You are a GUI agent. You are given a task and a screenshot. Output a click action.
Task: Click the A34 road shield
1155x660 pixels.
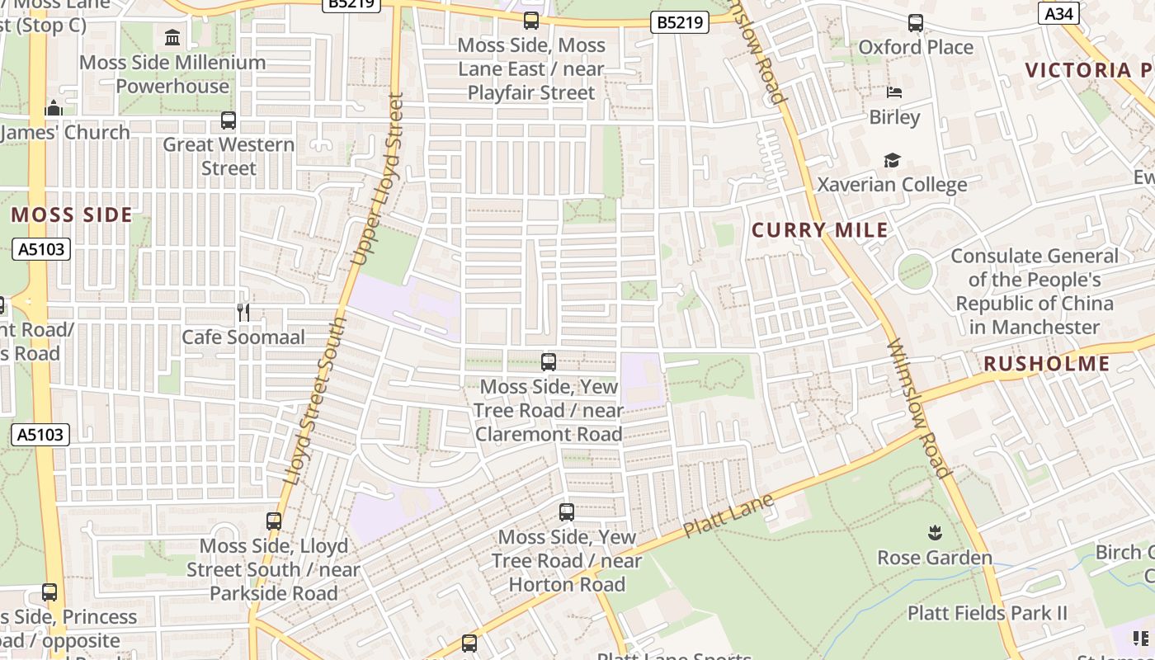pos(1058,13)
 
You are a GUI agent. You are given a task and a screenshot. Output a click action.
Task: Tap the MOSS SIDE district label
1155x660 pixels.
pos(72,215)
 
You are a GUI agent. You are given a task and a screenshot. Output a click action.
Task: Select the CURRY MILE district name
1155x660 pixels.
pos(820,230)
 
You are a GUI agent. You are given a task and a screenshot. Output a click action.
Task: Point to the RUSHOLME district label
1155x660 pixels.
pos(1046,364)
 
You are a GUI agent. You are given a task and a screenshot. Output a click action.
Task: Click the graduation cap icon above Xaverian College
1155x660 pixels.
pos(892,160)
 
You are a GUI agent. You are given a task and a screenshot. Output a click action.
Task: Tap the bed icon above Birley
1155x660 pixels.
pos(894,92)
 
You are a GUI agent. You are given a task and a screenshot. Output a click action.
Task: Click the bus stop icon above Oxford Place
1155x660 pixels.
pos(916,23)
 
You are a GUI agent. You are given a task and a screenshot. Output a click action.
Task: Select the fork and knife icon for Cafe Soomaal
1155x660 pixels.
pos(243,312)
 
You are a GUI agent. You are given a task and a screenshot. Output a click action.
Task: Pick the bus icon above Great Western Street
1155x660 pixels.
pos(229,120)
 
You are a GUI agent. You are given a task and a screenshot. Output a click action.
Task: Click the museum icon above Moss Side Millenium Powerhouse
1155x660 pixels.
pos(172,37)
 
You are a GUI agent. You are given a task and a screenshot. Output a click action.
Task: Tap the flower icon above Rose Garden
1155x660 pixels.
pos(935,533)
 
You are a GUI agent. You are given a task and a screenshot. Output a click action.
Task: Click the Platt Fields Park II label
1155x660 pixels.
pos(987,613)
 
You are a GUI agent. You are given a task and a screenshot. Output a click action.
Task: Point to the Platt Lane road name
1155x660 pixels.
pos(728,516)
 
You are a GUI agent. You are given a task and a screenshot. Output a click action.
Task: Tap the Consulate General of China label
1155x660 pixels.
pos(1035,291)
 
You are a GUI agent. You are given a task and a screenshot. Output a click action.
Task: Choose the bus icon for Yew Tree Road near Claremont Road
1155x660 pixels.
pos(549,361)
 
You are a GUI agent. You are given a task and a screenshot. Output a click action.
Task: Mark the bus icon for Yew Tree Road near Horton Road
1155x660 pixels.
pos(567,512)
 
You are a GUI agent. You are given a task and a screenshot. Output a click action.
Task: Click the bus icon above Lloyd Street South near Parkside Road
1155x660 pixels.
pos(274,521)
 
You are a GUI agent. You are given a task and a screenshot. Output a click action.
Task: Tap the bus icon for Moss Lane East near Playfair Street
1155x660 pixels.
pos(531,21)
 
